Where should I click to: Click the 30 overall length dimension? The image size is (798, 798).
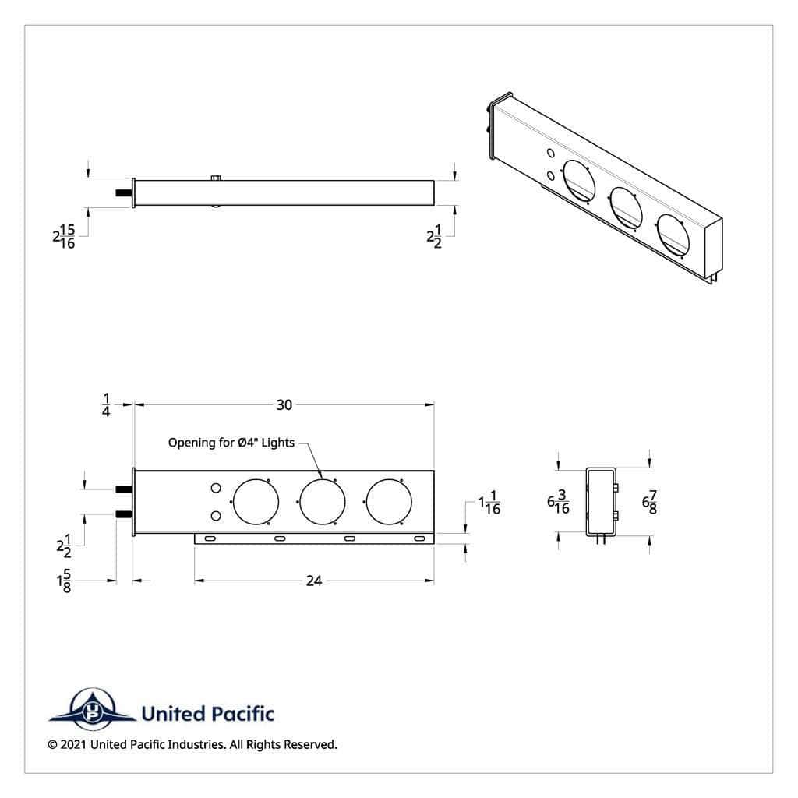pos(284,404)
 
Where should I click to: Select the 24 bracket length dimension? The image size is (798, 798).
pos(314,581)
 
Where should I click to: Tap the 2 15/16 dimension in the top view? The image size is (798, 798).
pos(64,237)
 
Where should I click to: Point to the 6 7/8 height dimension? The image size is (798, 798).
pos(649,503)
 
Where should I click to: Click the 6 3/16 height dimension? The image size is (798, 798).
pos(558,502)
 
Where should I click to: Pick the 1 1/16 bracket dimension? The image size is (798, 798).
pos(489,503)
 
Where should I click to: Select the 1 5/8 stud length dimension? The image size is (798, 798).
pos(64,581)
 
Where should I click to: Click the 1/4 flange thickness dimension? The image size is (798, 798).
pos(106,404)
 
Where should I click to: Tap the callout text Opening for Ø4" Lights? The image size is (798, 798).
pos(231,443)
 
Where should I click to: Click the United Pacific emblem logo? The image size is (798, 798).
pos(92,709)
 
